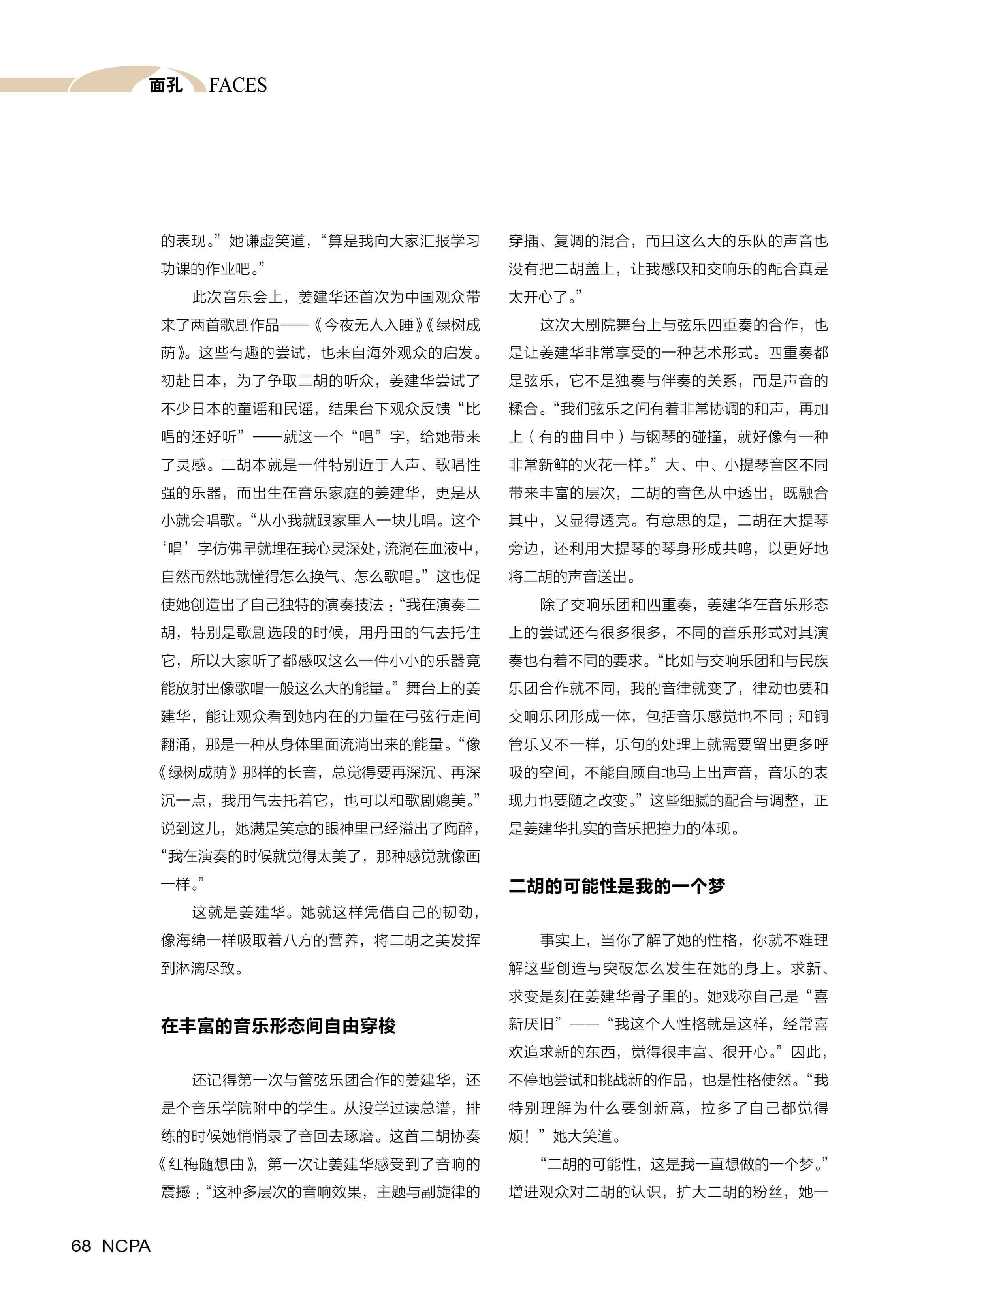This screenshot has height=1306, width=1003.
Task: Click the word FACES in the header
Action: [238, 85]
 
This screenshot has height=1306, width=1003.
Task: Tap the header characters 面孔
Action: [166, 85]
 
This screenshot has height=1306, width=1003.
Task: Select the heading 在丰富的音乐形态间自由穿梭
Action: [278, 1026]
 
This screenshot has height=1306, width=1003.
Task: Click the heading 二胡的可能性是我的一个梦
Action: [616, 886]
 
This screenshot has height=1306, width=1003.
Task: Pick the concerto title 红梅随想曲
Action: [207, 1164]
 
